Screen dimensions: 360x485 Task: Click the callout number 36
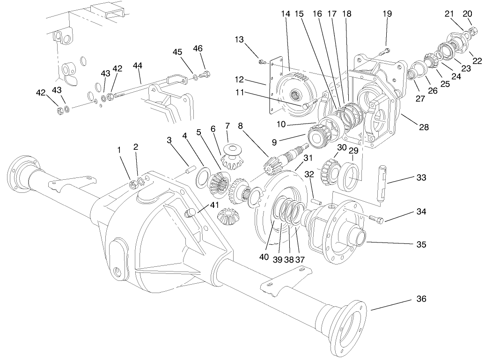pos(421,299)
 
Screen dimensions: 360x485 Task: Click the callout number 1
pos(119,149)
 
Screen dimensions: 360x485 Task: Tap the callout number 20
pos(467,14)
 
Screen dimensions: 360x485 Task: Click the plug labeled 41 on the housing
pos(190,213)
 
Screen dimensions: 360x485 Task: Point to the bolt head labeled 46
pos(206,74)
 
